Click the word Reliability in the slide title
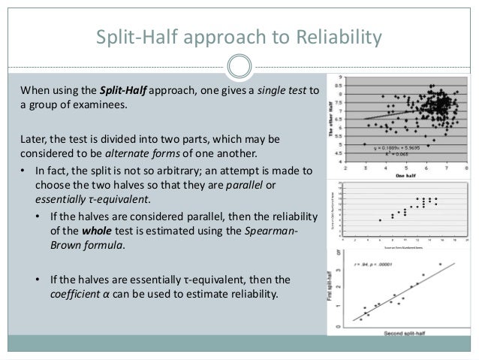332,37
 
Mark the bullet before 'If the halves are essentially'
39,280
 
